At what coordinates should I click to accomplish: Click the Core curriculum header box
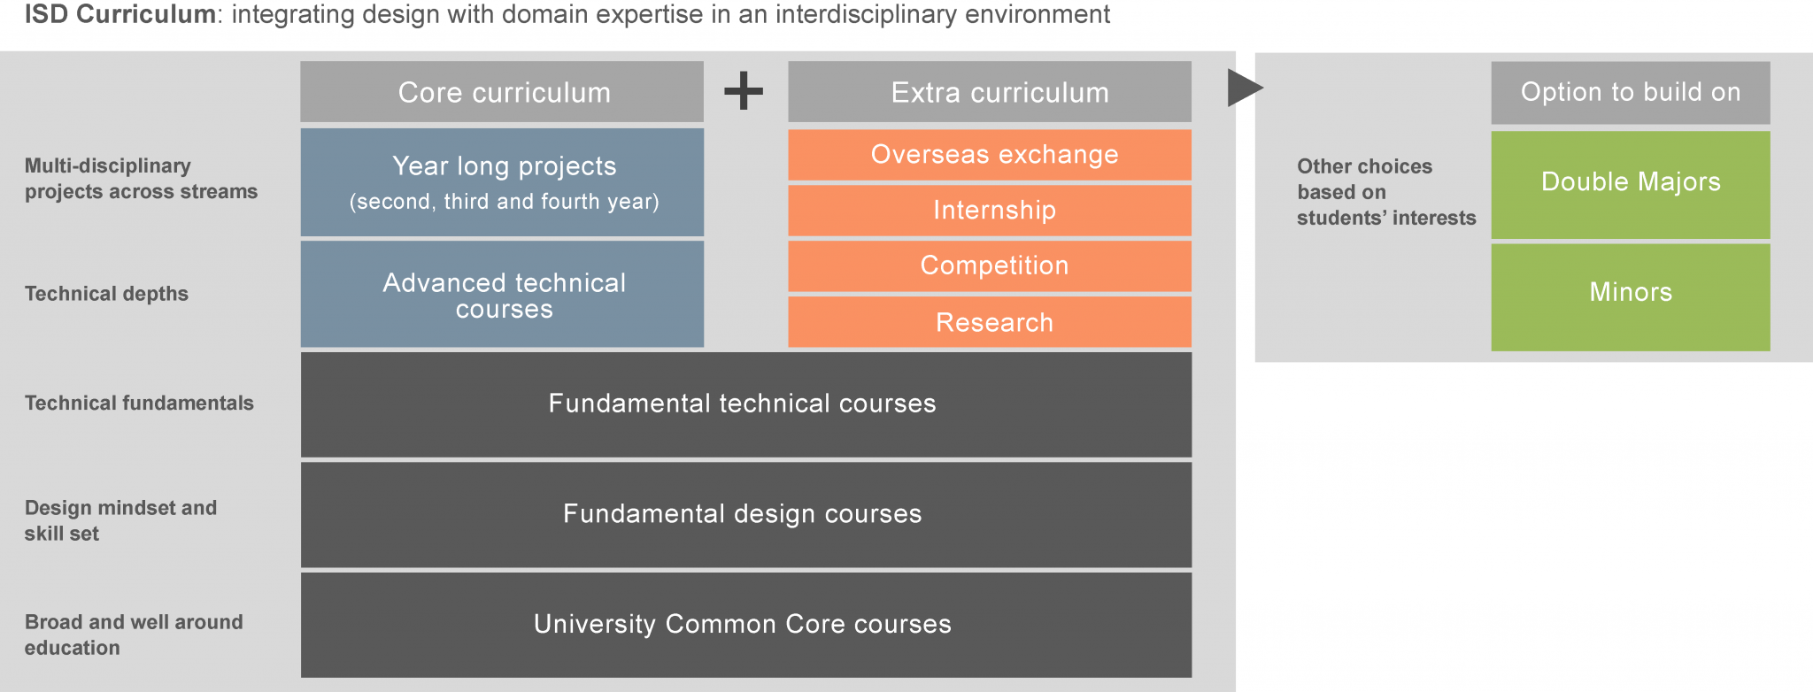(x=502, y=92)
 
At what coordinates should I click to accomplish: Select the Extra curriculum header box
(x=990, y=92)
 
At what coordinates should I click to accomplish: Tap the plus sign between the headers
(x=744, y=90)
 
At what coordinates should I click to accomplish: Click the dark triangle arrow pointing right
(x=1244, y=88)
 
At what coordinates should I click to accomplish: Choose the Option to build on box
(x=1631, y=93)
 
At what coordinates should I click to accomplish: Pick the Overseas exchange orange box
(x=990, y=155)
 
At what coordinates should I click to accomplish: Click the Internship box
(x=990, y=211)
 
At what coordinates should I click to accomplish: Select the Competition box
(x=990, y=266)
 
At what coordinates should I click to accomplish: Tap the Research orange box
(x=990, y=322)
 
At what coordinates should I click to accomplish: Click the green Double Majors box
(x=1631, y=185)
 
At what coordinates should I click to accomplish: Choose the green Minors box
(x=1631, y=297)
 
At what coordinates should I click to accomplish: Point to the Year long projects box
(x=502, y=182)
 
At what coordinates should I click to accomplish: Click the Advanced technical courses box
(x=502, y=295)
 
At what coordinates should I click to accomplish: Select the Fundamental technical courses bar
(x=746, y=404)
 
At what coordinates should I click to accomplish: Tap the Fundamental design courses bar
(x=746, y=515)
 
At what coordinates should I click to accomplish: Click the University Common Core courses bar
(x=746, y=625)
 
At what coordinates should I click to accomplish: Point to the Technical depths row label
(x=106, y=294)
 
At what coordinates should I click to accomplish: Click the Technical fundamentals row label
(x=139, y=404)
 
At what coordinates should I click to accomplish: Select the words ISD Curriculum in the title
(x=120, y=15)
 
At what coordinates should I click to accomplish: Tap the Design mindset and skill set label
(x=120, y=520)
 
